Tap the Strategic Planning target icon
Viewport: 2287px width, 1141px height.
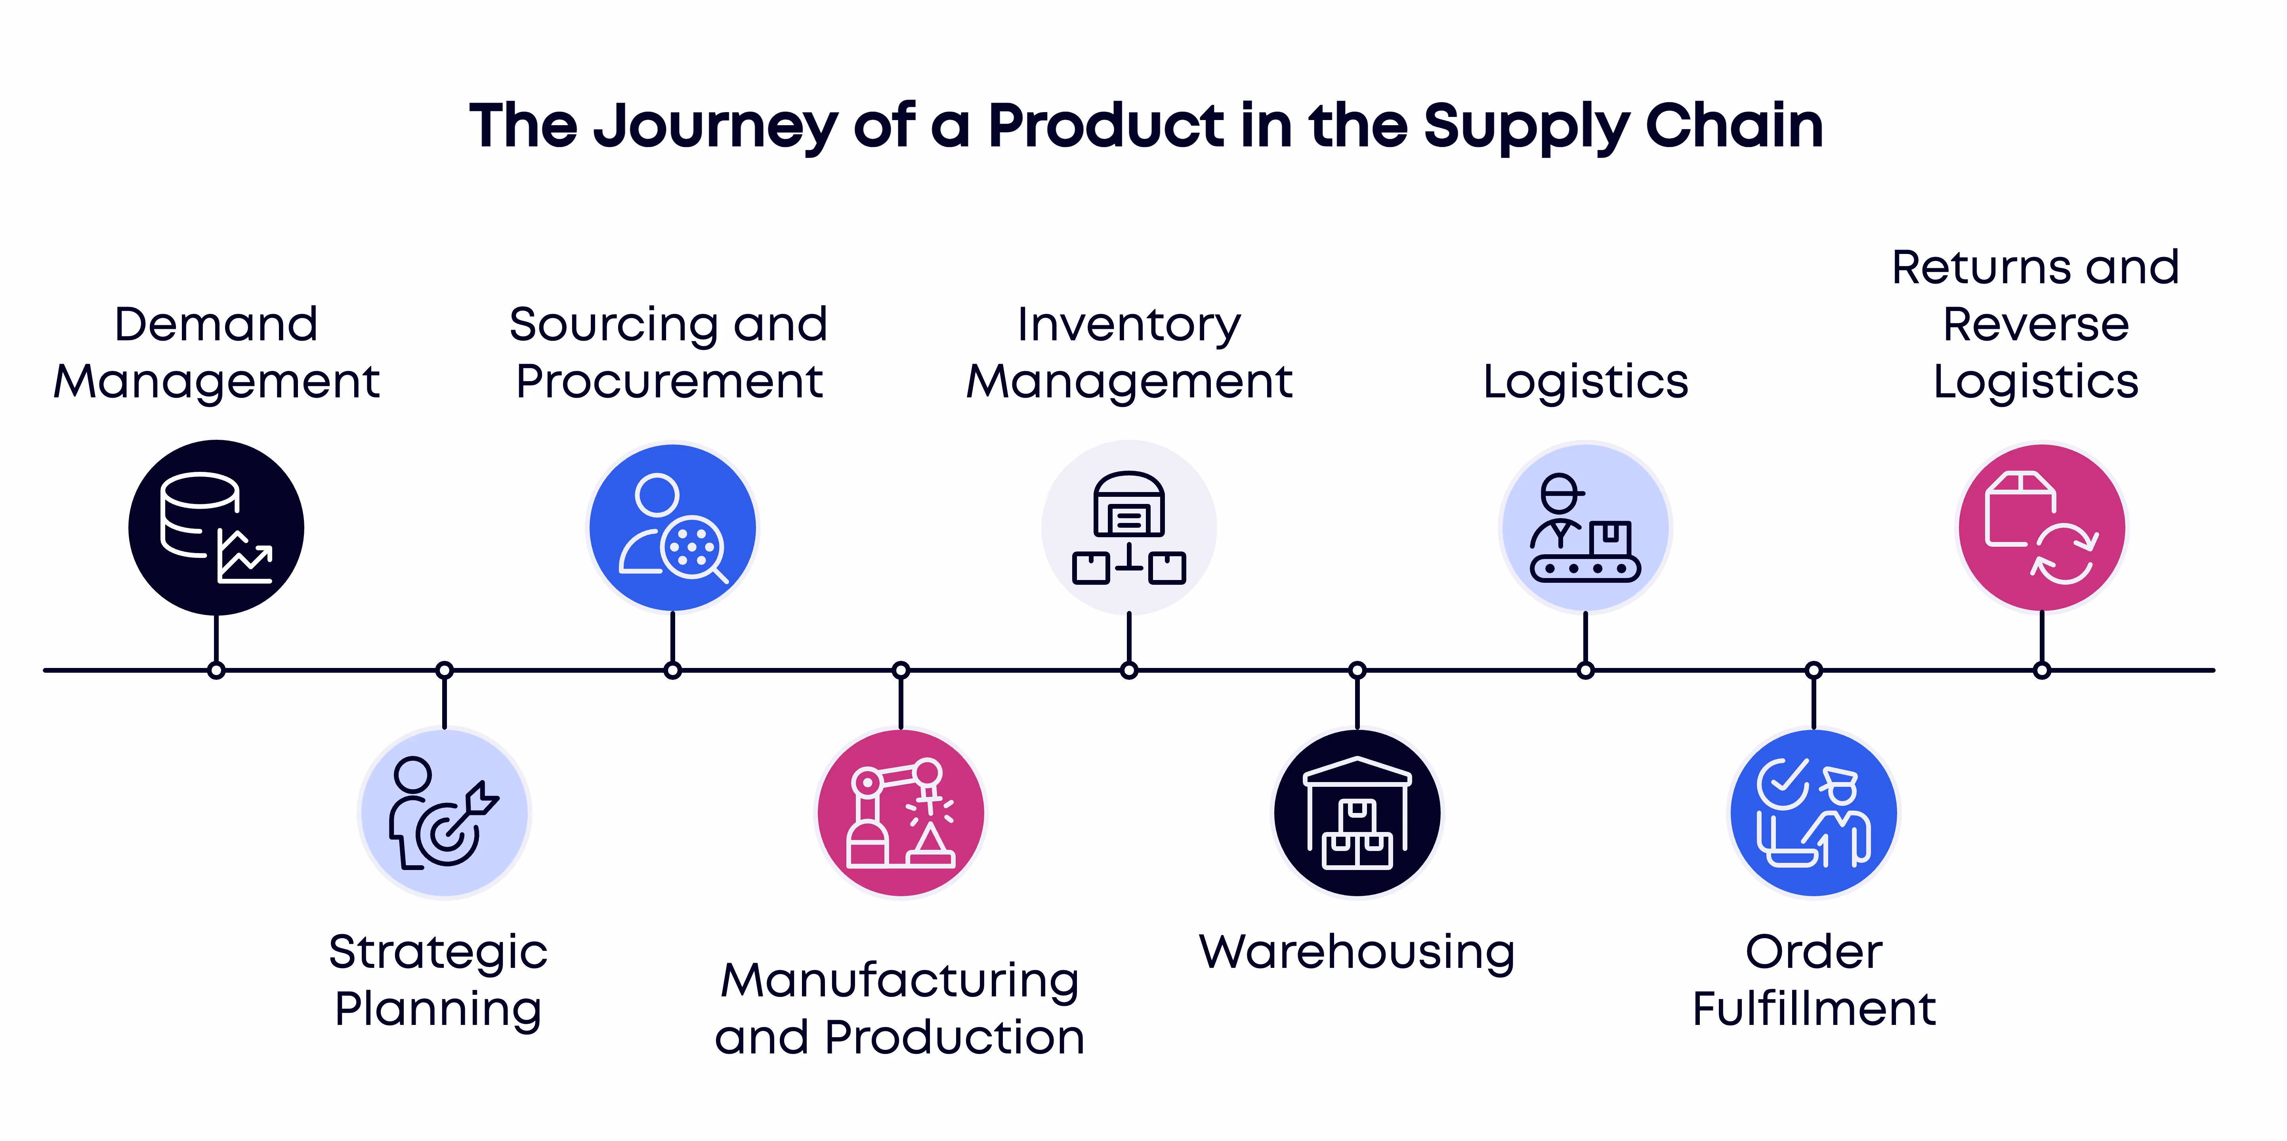[444, 813]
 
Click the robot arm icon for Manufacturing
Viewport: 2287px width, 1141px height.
[900, 813]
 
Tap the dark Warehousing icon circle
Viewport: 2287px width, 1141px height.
[1357, 813]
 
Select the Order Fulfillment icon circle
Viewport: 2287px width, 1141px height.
[1813, 813]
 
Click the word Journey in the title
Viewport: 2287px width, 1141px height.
[715, 126]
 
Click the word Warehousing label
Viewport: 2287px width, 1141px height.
[1357, 952]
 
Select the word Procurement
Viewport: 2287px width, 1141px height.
[669, 382]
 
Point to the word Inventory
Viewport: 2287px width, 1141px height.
[1128, 325]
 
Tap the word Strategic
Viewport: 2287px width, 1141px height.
[438, 952]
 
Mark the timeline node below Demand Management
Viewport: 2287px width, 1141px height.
[216, 670]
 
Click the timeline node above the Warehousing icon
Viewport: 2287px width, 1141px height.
[1357, 670]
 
